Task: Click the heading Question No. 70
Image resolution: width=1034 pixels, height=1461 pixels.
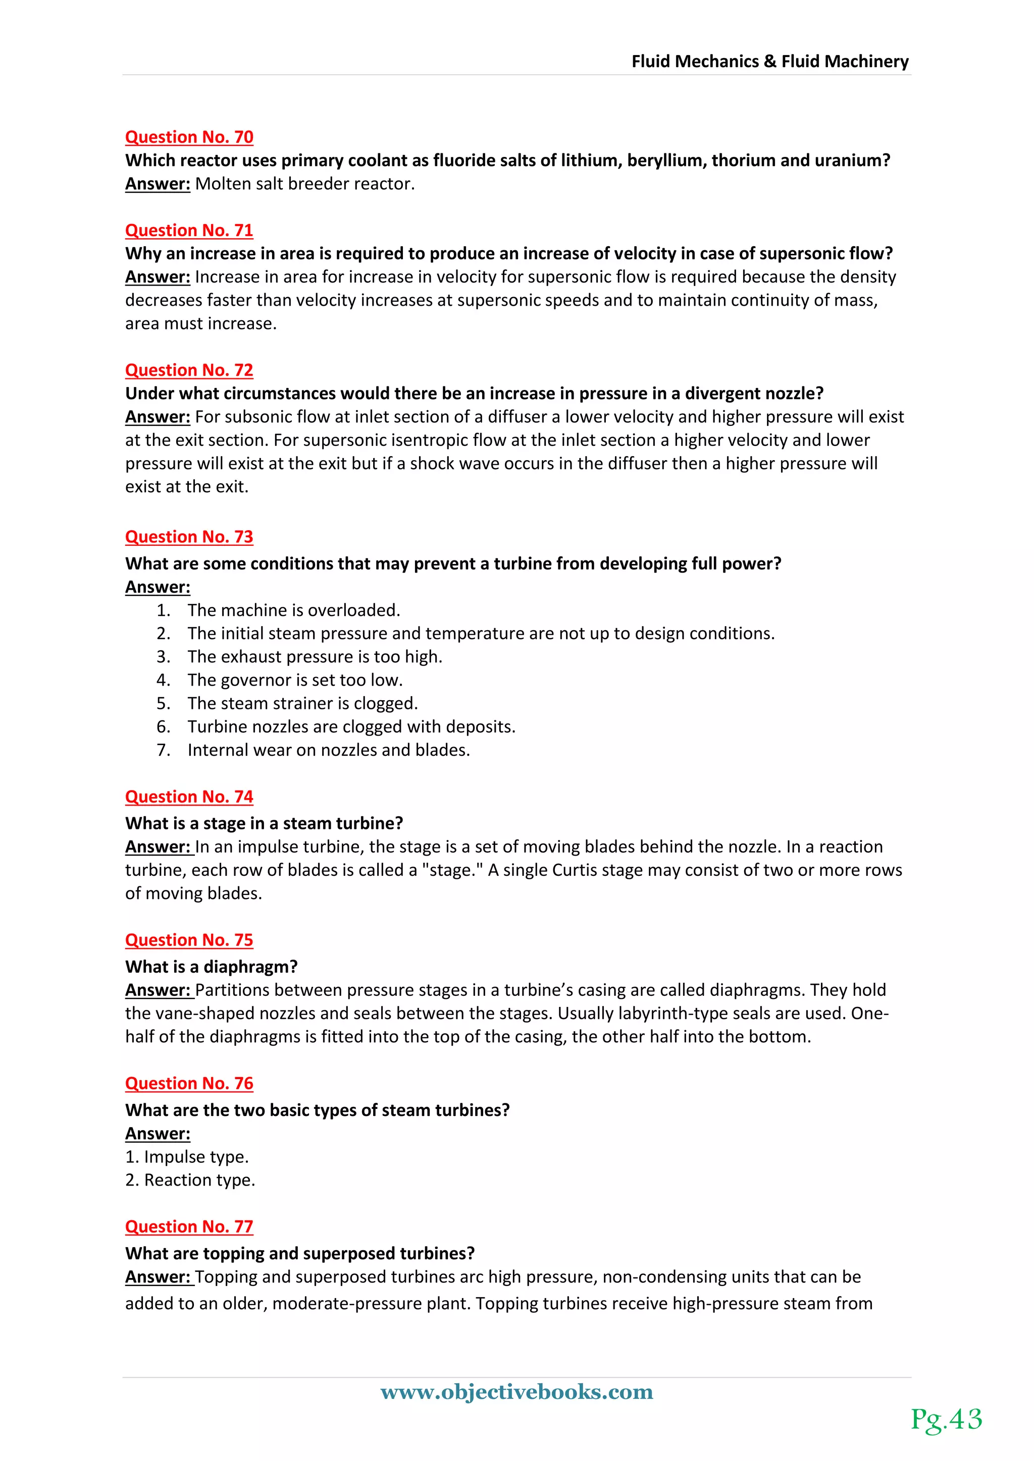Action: pos(189,137)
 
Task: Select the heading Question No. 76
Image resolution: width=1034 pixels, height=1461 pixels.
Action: pos(189,1083)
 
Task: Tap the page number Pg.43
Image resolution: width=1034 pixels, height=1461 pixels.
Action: pos(946,1420)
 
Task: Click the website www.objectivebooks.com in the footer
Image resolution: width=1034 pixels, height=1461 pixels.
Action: pos(516,1392)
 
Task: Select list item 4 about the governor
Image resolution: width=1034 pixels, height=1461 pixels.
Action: pos(295,680)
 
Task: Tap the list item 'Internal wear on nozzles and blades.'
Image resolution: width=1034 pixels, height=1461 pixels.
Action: pos(329,750)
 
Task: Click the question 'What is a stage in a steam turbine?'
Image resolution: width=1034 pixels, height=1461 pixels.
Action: pos(264,823)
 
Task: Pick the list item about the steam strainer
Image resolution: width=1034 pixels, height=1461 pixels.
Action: pos(302,703)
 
